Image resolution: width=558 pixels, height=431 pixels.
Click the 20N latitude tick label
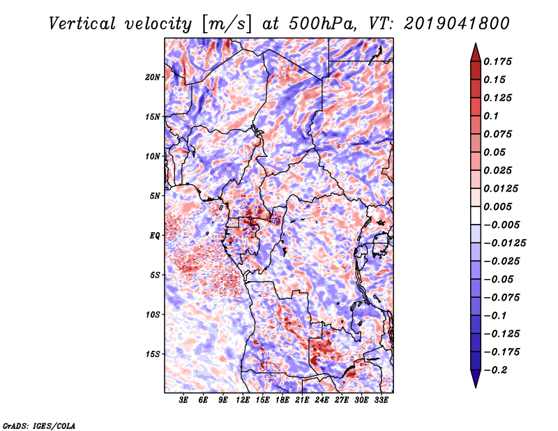click(x=153, y=77)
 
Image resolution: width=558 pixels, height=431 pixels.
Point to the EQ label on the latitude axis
click(x=155, y=235)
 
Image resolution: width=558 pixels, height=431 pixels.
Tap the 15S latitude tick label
click(x=153, y=354)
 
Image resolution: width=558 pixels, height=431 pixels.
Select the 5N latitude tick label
click(x=155, y=195)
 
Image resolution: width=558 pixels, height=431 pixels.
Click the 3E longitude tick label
click(x=184, y=400)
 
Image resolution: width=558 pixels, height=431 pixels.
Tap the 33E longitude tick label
click(x=381, y=400)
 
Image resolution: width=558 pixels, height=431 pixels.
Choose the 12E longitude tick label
click(x=243, y=400)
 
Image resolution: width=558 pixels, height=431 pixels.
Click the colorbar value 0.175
click(x=500, y=61)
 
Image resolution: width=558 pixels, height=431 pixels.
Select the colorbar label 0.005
click(x=500, y=206)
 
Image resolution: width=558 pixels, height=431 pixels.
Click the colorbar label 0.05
click(x=497, y=152)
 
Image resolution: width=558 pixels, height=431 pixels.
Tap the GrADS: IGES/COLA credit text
click(x=39, y=425)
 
